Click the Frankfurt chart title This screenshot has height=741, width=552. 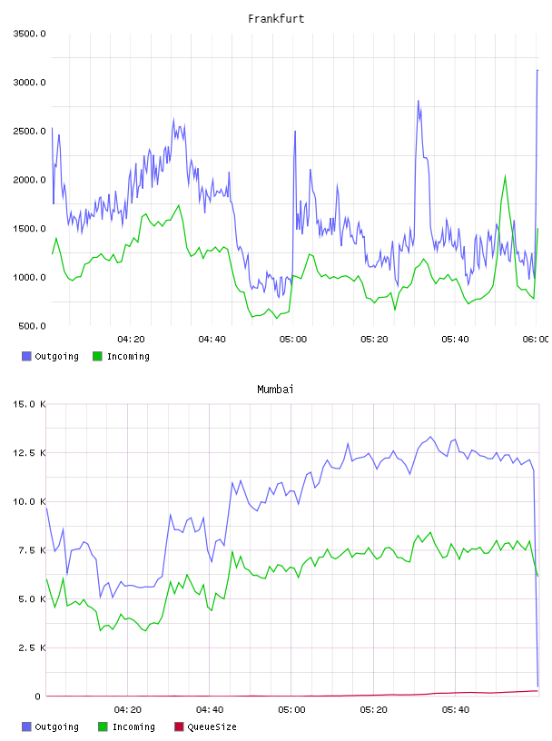click(276, 19)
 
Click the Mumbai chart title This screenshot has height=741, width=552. click(275, 390)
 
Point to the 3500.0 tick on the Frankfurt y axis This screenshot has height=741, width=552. click(29, 34)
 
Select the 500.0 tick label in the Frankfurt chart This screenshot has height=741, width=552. click(32, 326)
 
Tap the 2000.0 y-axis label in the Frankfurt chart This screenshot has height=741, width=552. click(29, 180)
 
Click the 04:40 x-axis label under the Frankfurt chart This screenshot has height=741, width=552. click(212, 340)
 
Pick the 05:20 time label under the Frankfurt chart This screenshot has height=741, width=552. click(374, 340)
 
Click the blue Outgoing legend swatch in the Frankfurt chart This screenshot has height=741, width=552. click(26, 356)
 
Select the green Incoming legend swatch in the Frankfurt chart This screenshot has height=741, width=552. click(97, 356)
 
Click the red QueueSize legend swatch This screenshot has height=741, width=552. click(179, 726)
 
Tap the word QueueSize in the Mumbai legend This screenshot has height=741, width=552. click(212, 726)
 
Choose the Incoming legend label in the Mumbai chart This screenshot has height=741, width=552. click(133, 726)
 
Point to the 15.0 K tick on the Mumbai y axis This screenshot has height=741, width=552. click(29, 404)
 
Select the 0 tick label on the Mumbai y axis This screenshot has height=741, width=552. click(38, 697)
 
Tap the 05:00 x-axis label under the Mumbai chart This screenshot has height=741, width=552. click(291, 710)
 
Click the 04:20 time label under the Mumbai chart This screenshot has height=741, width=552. click(128, 710)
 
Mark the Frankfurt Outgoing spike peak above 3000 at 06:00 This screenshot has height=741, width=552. click(537, 71)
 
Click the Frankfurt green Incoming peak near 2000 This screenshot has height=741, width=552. click(505, 176)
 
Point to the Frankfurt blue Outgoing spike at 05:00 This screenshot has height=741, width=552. click(295, 132)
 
